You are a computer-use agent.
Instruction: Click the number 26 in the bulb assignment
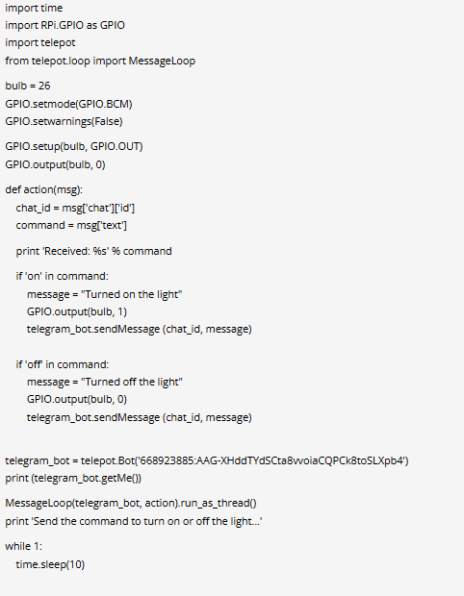[x=44, y=86]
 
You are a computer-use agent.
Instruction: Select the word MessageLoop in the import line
[x=162, y=61]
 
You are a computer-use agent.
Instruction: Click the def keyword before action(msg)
[x=13, y=189]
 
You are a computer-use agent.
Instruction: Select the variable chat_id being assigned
[x=33, y=208]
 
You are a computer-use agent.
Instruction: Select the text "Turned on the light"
[x=132, y=294]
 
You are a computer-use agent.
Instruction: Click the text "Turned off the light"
[x=132, y=382]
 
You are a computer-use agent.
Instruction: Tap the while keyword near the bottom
[x=17, y=546]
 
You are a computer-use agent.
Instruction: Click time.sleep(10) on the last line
[x=50, y=564]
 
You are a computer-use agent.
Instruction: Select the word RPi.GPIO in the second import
[x=62, y=25]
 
